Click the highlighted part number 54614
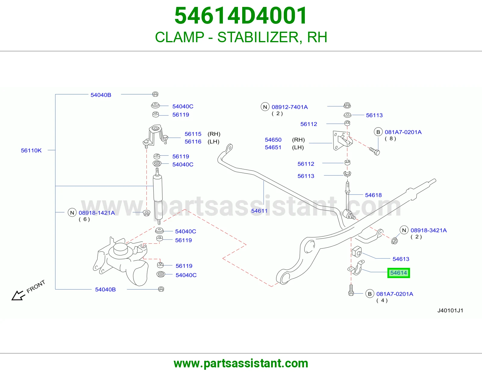coord(398,273)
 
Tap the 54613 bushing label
coord(401,259)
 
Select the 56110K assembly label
coord(31,151)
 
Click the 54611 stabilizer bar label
coord(259,211)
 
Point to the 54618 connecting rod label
coord(373,195)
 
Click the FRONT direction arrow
coord(18,295)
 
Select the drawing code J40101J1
coord(450,310)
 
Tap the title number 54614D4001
coord(241,16)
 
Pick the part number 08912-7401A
coord(290,107)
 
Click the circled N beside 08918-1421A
coord(72,213)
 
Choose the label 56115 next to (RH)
coord(193,134)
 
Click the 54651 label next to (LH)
coord(273,147)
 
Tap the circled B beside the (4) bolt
coord(370,294)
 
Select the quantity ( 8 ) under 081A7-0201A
coord(390,138)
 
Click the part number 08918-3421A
coord(429,230)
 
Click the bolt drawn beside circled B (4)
coord(351,290)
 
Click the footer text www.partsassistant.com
coord(241,363)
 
